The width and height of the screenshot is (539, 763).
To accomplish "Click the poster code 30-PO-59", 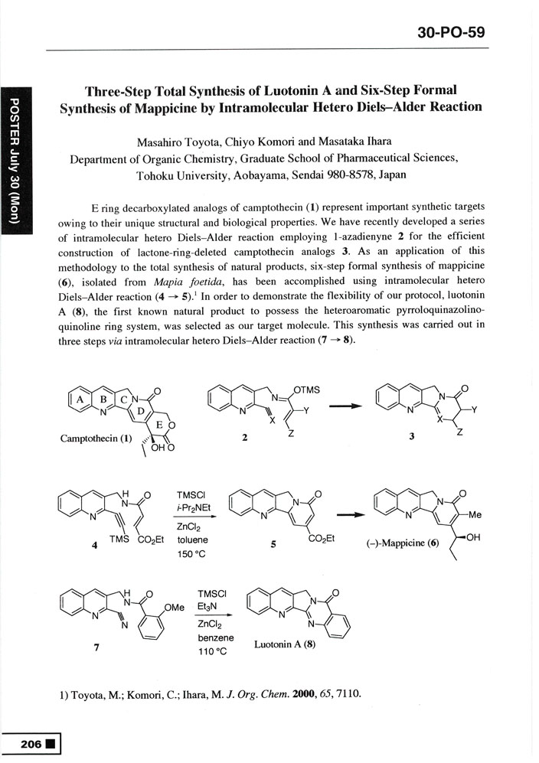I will (x=452, y=33).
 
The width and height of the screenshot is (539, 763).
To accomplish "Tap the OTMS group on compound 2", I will (x=305, y=390).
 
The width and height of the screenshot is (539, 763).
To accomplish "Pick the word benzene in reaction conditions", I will (x=215, y=638).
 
